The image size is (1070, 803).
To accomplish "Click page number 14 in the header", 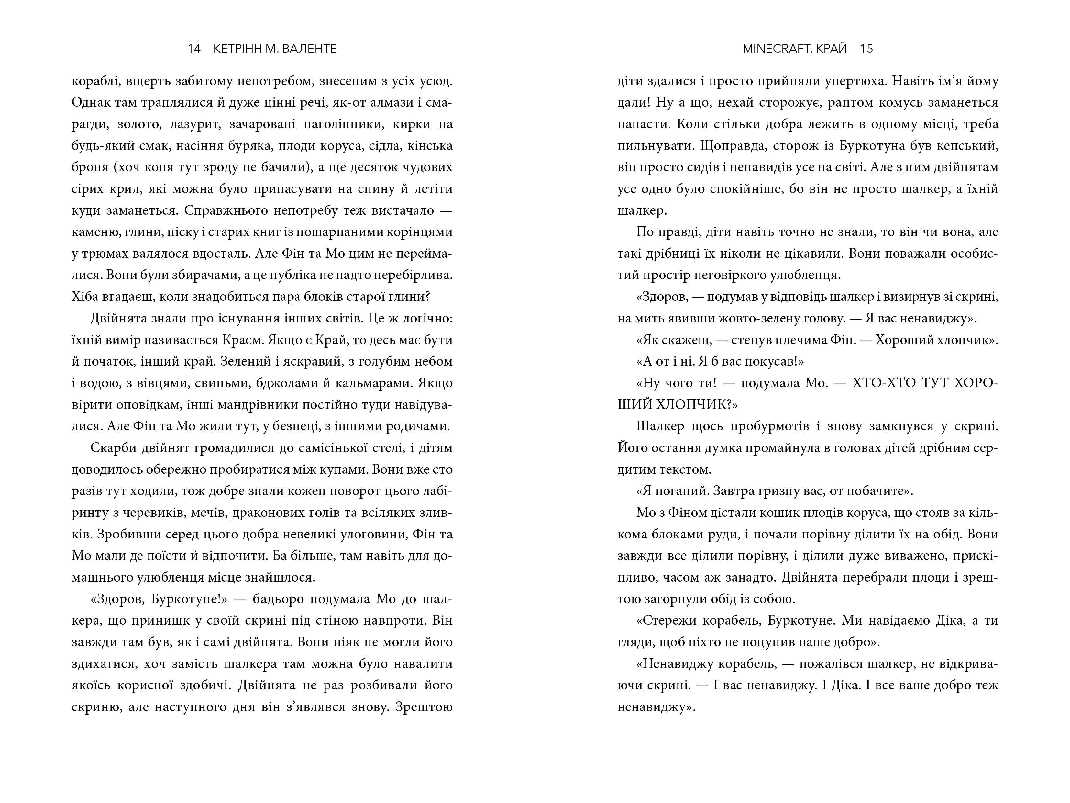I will click(x=194, y=49).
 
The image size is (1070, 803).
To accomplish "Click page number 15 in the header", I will click(x=867, y=49).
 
